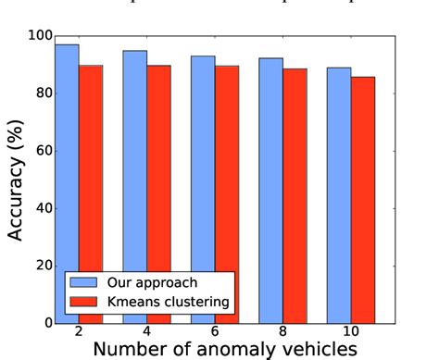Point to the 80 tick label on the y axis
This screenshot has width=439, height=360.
[43, 93]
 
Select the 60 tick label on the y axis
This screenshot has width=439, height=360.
[43, 151]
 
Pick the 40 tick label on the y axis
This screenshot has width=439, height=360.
[43, 208]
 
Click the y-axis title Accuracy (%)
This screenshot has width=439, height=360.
[17, 180]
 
